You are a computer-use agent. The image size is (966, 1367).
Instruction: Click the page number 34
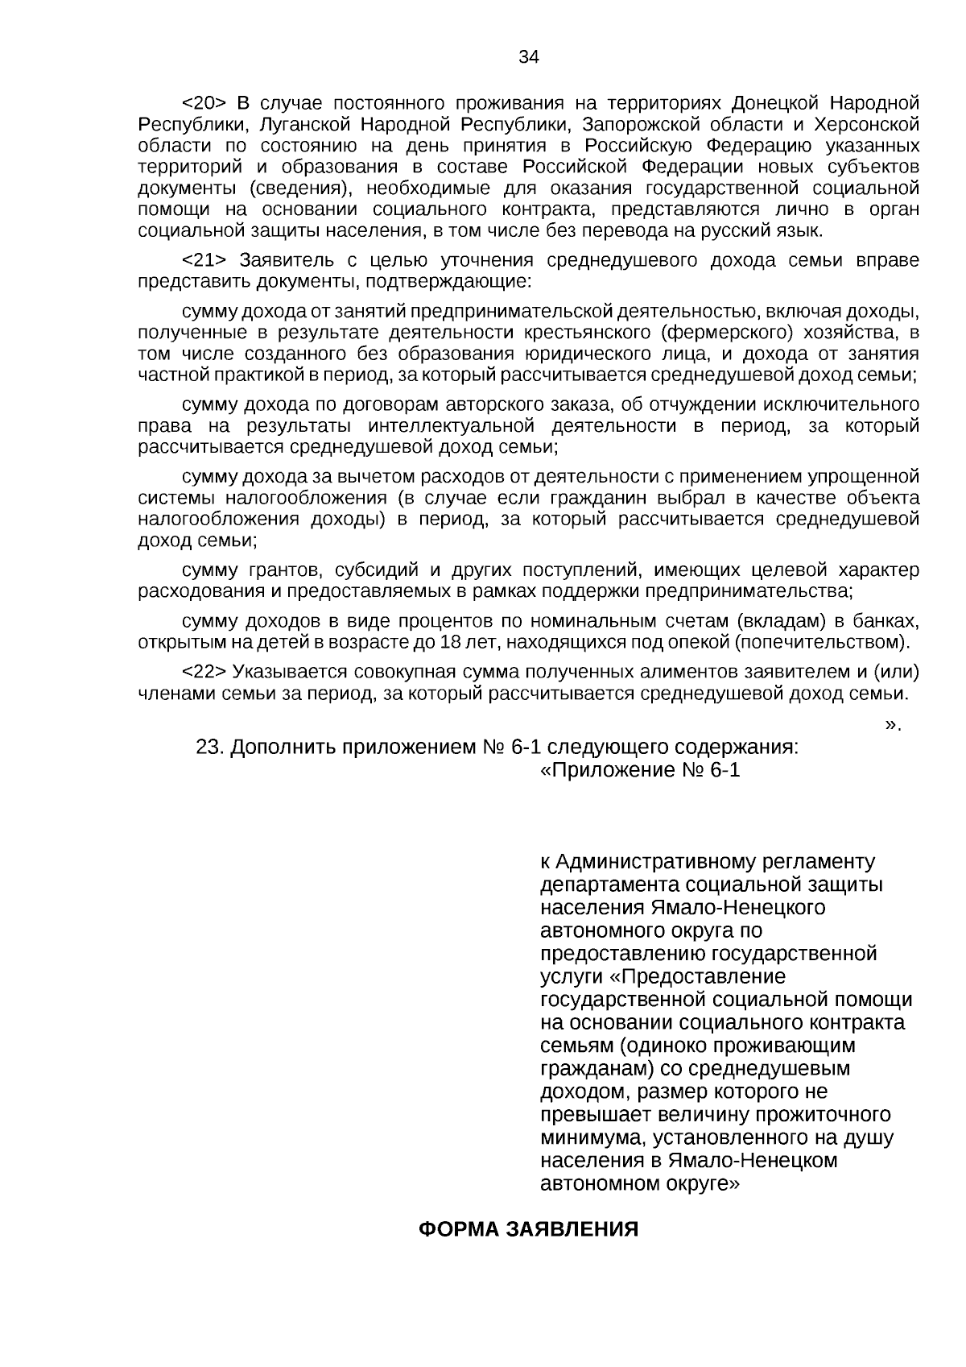pos(528,56)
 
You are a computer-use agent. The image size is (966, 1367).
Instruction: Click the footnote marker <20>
pos(205,104)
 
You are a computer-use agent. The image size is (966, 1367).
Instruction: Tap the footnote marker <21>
pos(205,261)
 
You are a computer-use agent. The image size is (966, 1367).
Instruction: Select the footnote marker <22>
pos(205,673)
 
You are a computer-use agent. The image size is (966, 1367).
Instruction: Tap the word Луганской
pos(303,125)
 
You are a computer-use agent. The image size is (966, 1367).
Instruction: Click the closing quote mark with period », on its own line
pos(892,724)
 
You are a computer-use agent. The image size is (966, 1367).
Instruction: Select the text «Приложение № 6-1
pos(639,770)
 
